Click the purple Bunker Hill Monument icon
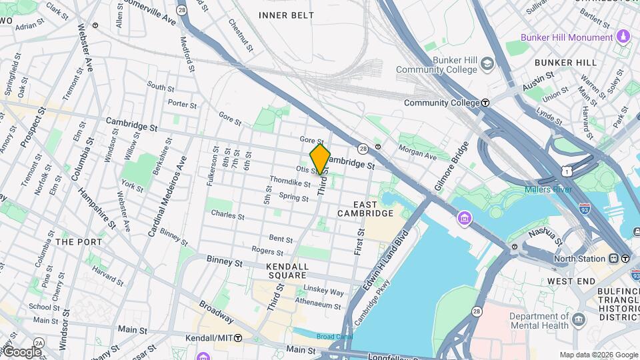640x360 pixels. [x=623, y=36]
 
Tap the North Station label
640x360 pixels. [x=579, y=259]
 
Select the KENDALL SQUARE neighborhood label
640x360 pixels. [x=287, y=271]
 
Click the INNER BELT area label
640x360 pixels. [x=286, y=15]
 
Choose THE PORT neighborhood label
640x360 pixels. [x=79, y=242]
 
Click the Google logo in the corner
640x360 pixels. [x=21, y=352]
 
